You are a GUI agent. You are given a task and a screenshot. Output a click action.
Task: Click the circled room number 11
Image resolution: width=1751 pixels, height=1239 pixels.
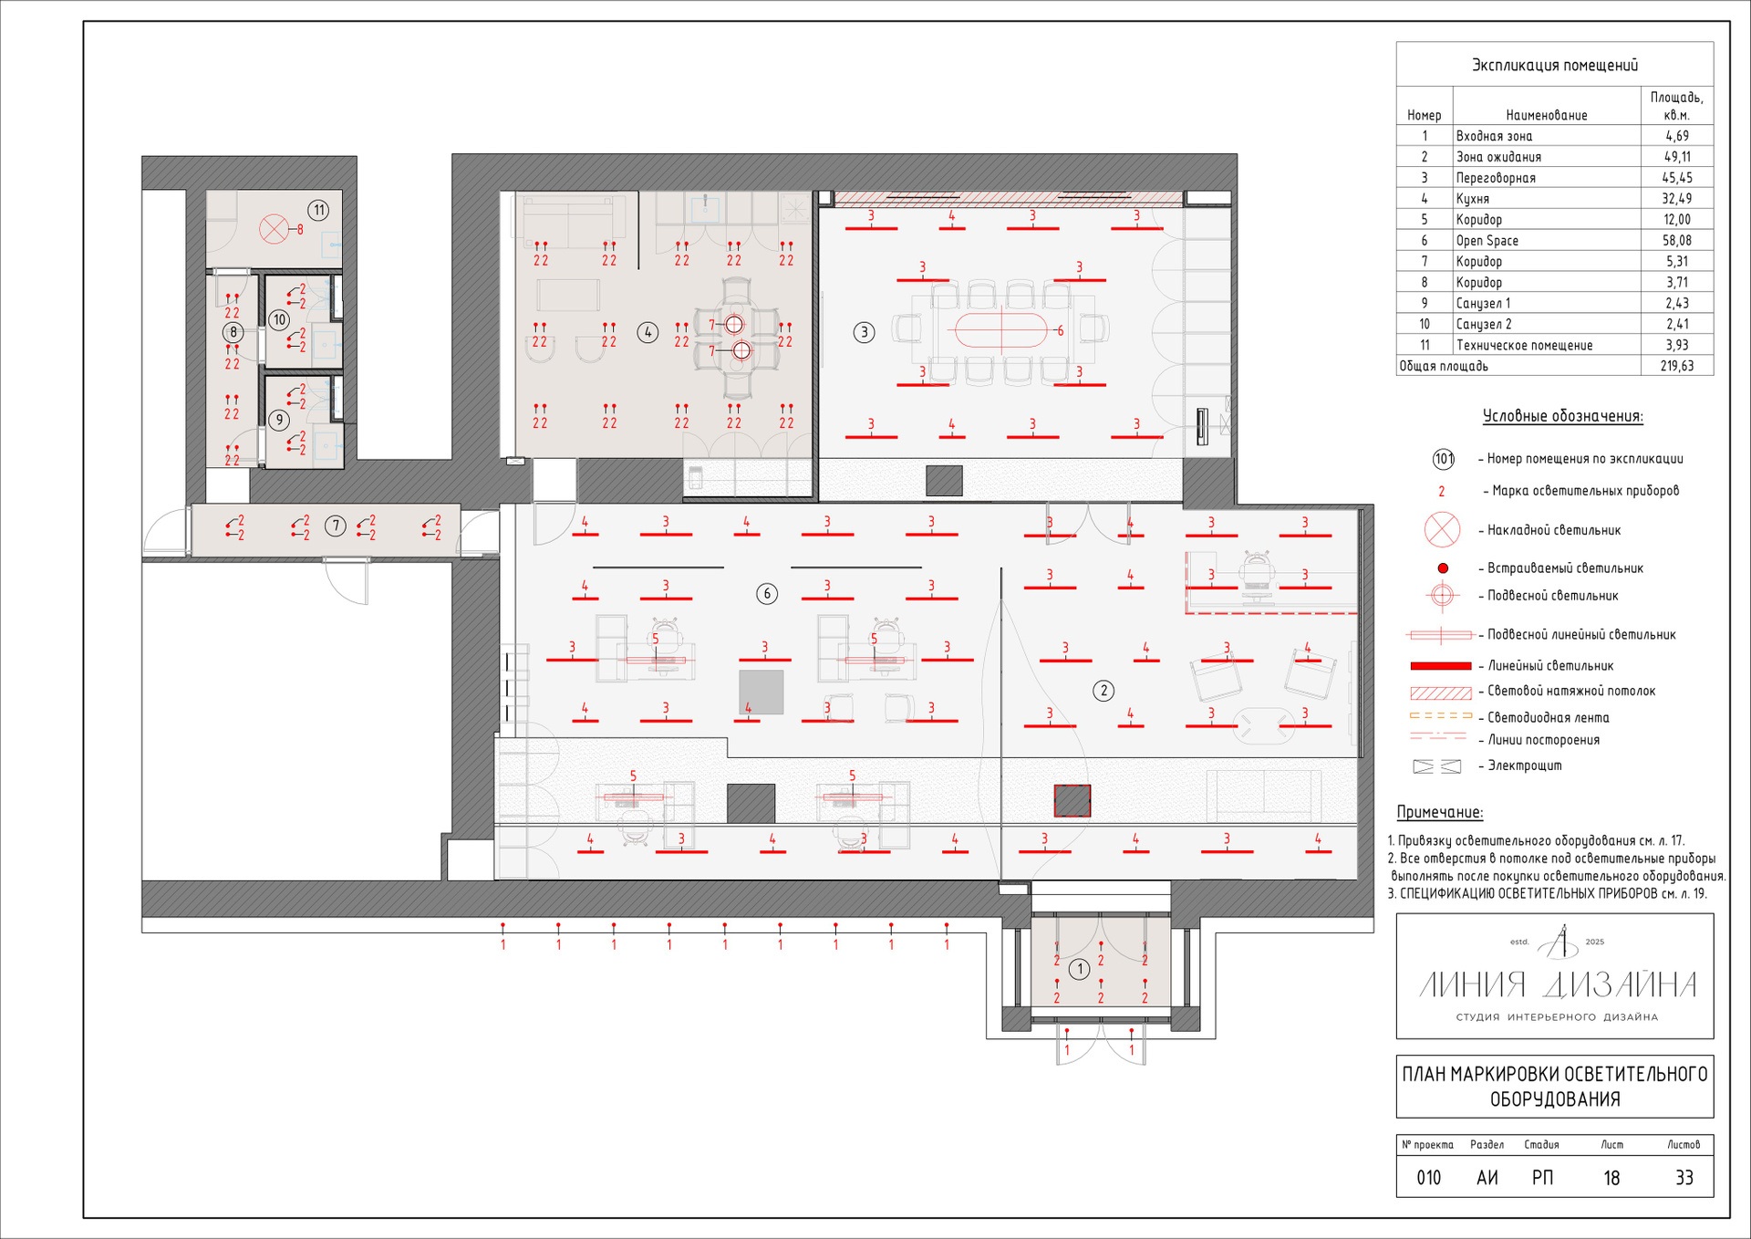click(x=318, y=211)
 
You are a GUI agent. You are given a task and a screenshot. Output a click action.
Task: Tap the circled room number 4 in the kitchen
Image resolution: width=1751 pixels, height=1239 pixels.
click(x=648, y=332)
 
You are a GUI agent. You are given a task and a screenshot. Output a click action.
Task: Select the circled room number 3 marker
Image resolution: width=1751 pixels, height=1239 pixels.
click(x=865, y=332)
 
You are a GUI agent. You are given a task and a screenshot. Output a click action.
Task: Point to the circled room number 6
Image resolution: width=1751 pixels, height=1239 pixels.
click(x=767, y=594)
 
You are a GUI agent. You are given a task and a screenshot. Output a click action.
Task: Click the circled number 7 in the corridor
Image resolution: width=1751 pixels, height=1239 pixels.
click(x=336, y=526)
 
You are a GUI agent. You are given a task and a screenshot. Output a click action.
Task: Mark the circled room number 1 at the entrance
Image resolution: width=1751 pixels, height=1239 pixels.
click(x=1079, y=969)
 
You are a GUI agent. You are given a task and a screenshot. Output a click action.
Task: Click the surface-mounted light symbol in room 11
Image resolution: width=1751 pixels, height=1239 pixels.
click(x=274, y=228)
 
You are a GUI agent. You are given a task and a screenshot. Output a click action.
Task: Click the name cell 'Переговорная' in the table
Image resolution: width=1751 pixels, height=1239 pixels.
click(x=1496, y=178)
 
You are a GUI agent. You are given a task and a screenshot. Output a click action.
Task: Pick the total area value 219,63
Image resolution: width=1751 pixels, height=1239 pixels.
click(x=1676, y=366)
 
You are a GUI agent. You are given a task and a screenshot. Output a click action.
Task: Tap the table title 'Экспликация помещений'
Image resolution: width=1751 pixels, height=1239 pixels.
click(x=1555, y=65)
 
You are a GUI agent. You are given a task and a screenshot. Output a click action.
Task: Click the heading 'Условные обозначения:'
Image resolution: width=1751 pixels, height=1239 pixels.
click(x=1562, y=416)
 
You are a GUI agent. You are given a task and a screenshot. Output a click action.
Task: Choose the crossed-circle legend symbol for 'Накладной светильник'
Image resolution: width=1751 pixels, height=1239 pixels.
click(x=1442, y=529)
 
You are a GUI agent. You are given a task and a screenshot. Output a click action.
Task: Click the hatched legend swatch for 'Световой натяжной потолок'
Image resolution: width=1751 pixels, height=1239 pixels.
click(x=1441, y=692)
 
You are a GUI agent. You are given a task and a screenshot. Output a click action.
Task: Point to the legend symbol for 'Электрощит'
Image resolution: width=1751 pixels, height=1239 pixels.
click(x=1436, y=766)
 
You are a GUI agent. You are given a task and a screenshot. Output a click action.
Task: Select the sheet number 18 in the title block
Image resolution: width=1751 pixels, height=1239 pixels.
click(x=1611, y=1178)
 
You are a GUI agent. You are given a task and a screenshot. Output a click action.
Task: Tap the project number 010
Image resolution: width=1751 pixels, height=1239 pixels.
click(x=1429, y=1178)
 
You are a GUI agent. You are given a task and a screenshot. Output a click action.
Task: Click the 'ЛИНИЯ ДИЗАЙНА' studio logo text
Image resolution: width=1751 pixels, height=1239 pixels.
click(x=1558, y=985)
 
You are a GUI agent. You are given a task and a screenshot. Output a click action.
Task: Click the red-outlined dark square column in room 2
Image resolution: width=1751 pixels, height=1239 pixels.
click(x=1072, y=800)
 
